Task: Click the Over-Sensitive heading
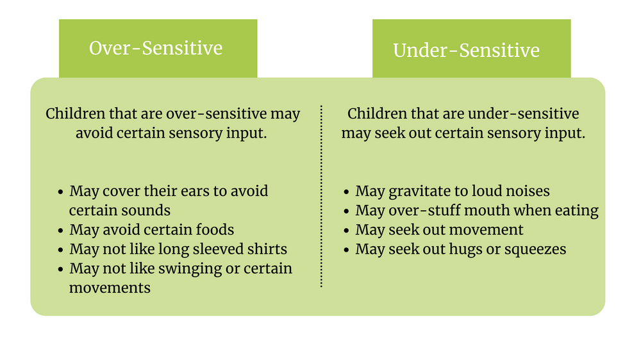pyautogui.click(x=156, y=49)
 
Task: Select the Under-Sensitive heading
pyautogui.click(x=466, y=51)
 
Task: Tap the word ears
pyautogui.click(x=195, y=192)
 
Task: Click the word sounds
pyautogui.click(x=149, y=211)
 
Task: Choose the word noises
pyautogui.click(x=524, y=192)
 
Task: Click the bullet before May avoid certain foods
pyautogui.click(x=60, y=231)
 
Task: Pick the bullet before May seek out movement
pyautogui.click(x=346, y=231)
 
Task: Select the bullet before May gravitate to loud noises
pyautogui.click(x=346, y=192)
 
